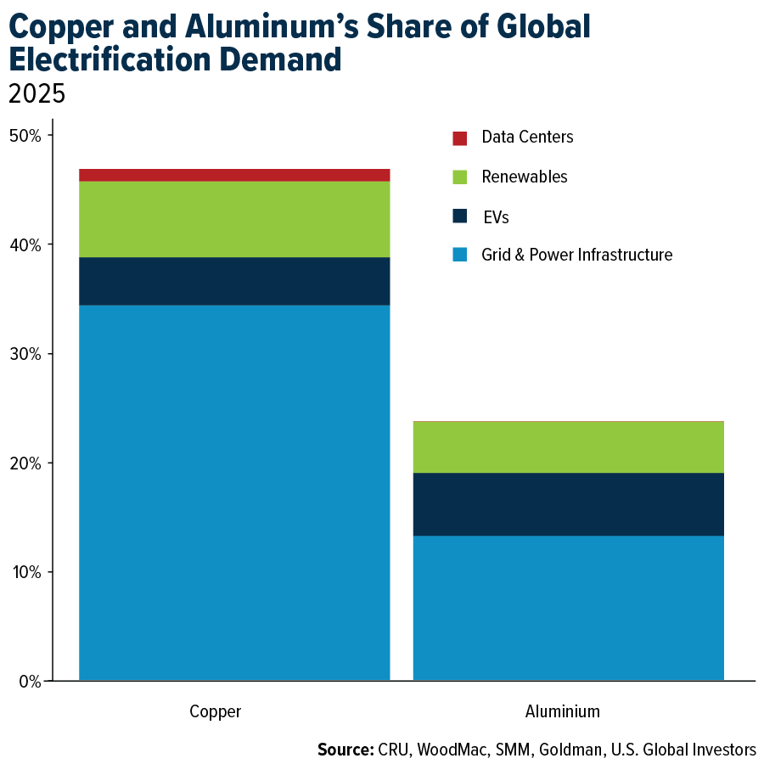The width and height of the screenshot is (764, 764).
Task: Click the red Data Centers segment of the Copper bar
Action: pos(234,175)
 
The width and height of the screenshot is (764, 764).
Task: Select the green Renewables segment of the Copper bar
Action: pos(234,219)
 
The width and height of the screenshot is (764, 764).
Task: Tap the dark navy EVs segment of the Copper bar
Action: pos(234,281)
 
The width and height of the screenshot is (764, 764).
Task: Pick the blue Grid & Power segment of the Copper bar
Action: pos(234,492)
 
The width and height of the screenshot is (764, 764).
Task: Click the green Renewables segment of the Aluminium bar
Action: pos(569,447)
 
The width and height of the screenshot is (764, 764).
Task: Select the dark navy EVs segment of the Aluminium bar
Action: pos(569,504)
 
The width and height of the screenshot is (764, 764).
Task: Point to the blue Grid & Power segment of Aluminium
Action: pos(569,608)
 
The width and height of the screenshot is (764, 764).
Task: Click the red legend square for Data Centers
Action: pos(460,138)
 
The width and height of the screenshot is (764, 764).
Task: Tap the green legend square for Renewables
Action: pos(460,177)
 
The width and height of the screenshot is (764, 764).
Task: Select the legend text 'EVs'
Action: pos(495,216)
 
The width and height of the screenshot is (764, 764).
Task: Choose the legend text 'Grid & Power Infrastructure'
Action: pos(576,255)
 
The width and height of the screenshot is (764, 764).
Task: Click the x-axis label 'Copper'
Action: pos(216,711)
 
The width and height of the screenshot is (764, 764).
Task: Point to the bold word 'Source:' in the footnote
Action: pos(345,750)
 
